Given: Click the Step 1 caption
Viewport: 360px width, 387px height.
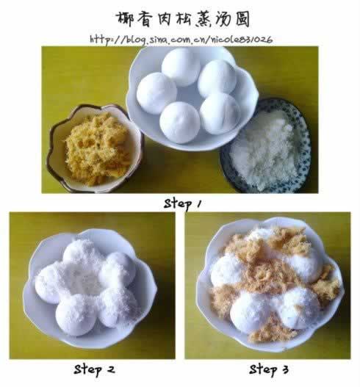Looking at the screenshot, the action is coord(182,204).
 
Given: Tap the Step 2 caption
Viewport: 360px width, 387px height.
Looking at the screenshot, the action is coord(94,369).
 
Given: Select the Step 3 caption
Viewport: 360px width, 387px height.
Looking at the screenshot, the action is coord(269,369).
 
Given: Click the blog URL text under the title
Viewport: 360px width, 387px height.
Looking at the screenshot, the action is coord(181,40).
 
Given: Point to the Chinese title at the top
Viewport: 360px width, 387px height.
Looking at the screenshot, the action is coord(183,19).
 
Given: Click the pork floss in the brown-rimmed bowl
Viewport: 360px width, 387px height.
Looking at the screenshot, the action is coord(98,149).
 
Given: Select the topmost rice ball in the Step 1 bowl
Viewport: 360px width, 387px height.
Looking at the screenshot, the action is coord(181,67).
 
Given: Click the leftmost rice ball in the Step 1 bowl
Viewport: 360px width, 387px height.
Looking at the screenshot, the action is coord(156,93).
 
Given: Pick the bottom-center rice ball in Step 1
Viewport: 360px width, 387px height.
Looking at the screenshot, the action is coord(179,123).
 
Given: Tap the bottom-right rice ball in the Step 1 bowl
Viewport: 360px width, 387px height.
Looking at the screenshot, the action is coord(220,114).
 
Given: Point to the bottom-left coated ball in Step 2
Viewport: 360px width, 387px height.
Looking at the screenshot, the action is coord(76,316).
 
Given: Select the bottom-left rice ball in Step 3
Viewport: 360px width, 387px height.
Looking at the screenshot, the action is coord(251,311).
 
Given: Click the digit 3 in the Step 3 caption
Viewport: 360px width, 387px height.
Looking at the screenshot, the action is coord(284,369).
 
